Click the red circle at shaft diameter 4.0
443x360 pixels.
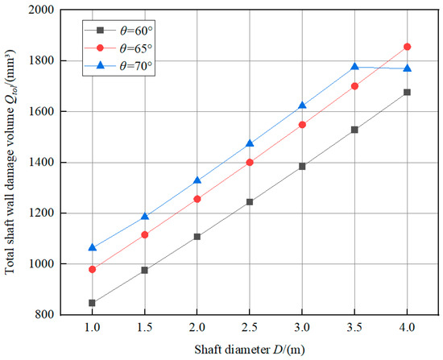coord(407,47)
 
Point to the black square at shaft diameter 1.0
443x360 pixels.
coord(92,303)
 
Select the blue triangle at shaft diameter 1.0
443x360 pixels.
coord(92,247)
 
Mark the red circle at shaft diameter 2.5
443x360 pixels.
coord(250,163)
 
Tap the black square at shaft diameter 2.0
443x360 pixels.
coord(197,237)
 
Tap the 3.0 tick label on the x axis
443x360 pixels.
coord(302,329)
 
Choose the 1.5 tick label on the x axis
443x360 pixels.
coord(144,329)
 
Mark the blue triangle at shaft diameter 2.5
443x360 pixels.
coord(250,143)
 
